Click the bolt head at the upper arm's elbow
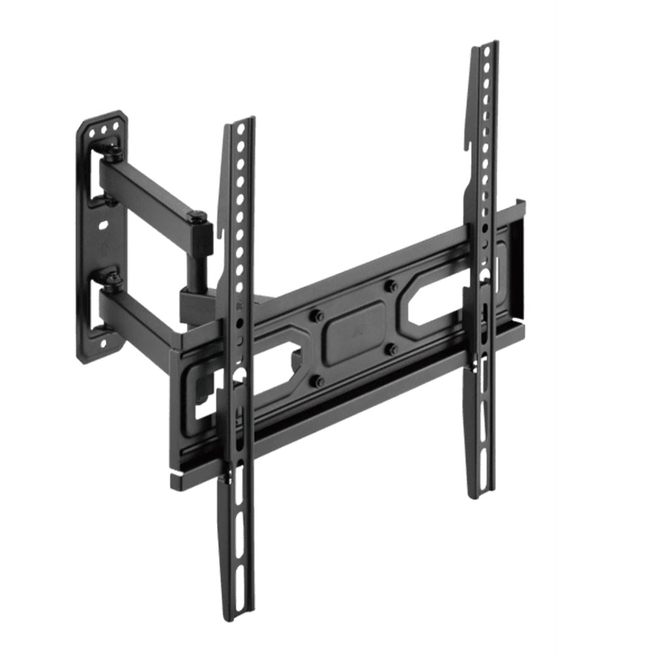tap(196, 215)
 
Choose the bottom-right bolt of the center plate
tap(392, 348)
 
